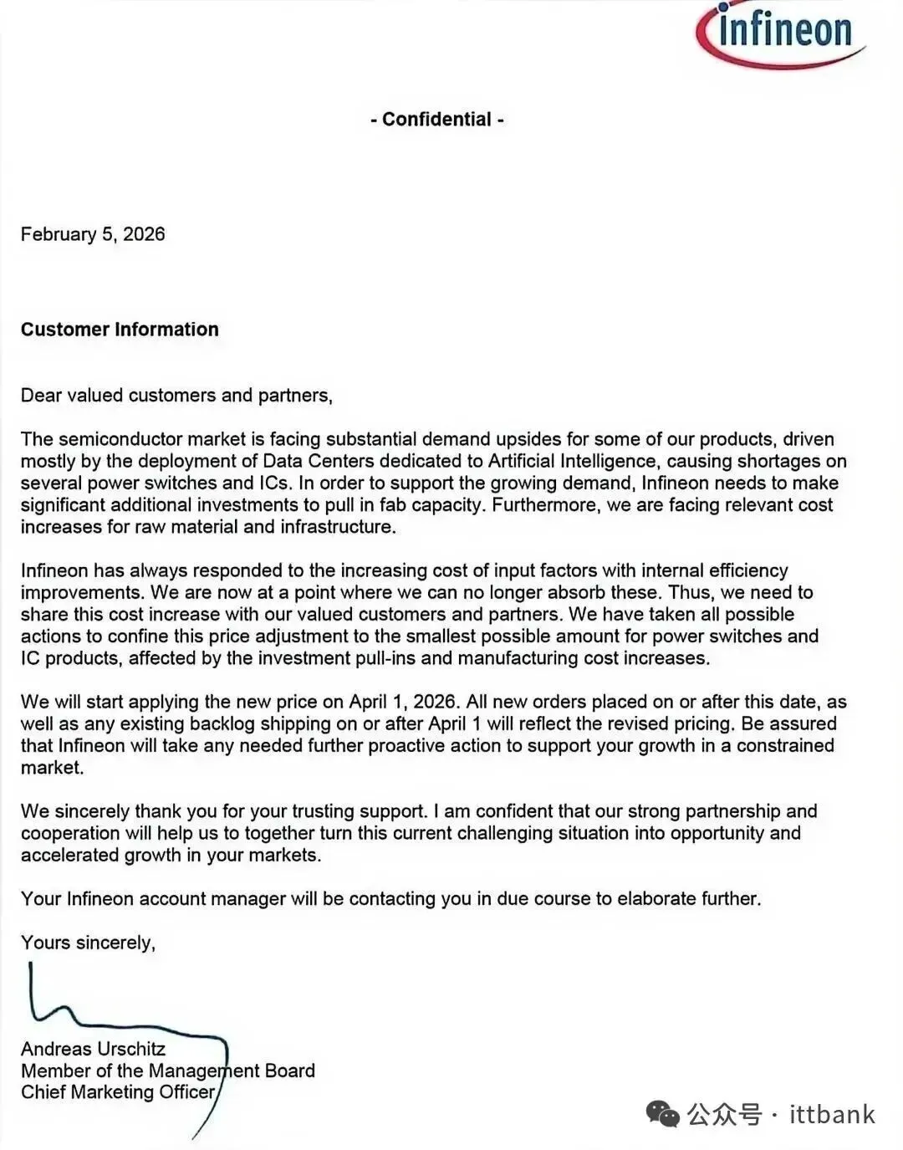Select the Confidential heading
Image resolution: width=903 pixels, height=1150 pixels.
tap(436, 120)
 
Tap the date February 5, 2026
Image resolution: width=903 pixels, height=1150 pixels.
tap(93, 234)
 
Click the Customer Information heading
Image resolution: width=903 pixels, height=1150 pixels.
tap(120, 330)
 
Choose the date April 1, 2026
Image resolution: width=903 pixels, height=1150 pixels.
tap(401, 702)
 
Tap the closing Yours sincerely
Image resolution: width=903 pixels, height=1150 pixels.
tap(88, 943)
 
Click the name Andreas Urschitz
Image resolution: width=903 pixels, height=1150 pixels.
tap(93, 1049)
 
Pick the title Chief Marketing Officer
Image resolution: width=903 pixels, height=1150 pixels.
tap(118, 1092)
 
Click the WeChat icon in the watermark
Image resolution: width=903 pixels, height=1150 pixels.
tap(663, 1114)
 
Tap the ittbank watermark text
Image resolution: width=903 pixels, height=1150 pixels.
tap(832, 1114)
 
